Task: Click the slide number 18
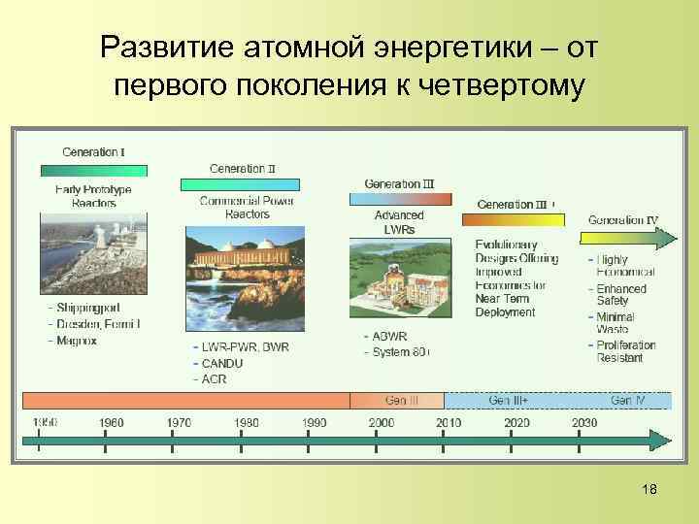pos(649,489)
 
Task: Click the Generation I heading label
pos(93,151)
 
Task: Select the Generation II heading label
pos(243,168)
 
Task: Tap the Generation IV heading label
pos(623,219)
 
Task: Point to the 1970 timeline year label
pos(178,422)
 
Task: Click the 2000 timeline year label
pos(382,422)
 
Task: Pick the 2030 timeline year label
pos(584,422)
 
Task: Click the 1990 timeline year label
pos(314,422)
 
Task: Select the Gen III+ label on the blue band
pos(510,400)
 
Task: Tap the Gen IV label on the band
pos(627,400)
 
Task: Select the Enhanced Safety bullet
pos(620,295)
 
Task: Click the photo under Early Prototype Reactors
pos(93,252)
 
